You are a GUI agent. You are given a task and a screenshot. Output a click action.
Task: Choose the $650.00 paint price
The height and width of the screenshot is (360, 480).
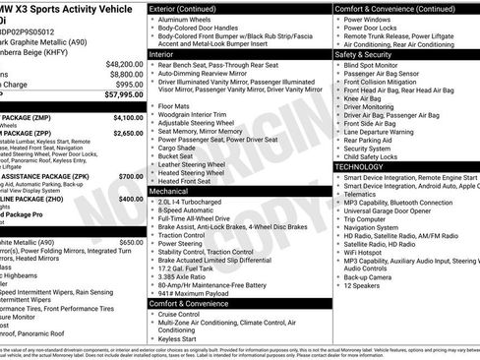[130, 241]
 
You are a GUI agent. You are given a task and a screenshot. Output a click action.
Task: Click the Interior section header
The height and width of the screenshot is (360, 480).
[162, 56]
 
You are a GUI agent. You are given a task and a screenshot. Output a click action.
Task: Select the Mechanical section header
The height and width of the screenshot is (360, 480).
[170, 192]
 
